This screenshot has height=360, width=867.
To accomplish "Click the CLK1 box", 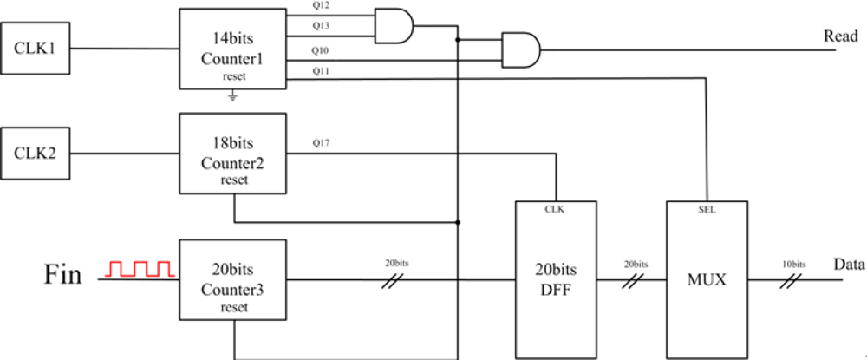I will point(36,48).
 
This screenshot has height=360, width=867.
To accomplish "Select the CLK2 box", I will point(36,154).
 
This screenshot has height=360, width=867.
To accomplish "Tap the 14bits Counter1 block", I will point(232,49).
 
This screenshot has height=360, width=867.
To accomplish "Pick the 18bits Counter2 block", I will point(232,154).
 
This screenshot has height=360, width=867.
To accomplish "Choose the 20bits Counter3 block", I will point(232,280).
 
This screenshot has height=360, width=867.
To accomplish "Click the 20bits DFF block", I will point(557,279).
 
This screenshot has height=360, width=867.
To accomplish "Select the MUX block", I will point(707,279).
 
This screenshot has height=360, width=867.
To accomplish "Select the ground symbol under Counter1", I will point(232,96).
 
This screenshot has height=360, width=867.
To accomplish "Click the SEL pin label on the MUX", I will point(707,209).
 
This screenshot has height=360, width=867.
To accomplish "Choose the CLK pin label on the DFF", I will point(557,209).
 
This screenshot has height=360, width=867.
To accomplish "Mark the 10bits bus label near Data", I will point(793,264).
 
